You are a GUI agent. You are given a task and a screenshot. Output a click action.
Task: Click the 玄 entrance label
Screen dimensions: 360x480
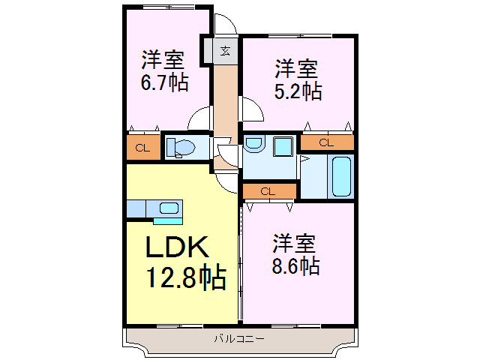tap(225, 51)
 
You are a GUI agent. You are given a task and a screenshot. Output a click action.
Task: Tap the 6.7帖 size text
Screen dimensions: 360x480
tap(165, 82)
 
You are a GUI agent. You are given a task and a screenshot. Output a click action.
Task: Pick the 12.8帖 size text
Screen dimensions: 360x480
tap(184, 278)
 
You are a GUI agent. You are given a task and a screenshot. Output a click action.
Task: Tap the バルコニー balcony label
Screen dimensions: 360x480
tap(238, 339)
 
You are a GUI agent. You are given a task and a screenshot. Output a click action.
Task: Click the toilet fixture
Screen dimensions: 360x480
tap(181, 147)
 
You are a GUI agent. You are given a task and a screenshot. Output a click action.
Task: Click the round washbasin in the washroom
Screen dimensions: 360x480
tap(253, 144)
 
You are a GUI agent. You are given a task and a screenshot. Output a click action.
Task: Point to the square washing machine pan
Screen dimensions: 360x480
tap(283, 146)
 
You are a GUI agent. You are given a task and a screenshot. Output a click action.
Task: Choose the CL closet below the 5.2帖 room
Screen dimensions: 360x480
tap(326, 142)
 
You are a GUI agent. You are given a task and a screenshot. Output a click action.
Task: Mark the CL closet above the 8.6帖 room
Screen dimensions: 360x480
tap(268, 191)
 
